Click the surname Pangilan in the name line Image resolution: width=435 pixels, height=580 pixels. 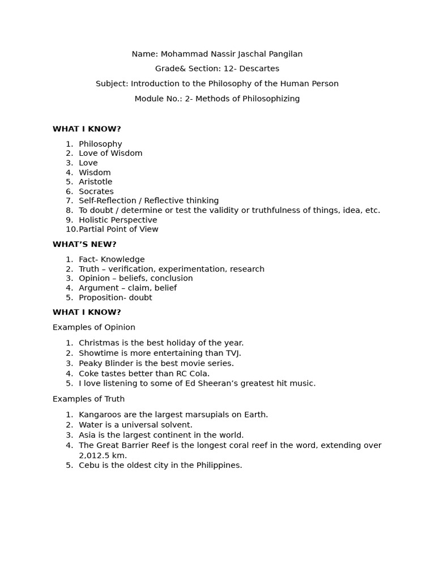[283, 54]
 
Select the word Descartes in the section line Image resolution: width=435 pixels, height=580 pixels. [260, 69]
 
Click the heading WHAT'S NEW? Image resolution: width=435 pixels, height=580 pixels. [84, 245]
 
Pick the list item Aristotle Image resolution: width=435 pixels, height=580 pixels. [96, 182]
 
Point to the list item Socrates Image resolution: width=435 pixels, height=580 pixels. [96, 191]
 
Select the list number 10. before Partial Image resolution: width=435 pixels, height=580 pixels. [71, 229]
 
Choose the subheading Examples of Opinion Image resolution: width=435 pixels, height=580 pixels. [94, 327]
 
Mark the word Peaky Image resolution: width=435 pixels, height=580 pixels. [91, 364]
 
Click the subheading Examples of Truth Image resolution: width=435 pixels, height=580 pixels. [88, 399]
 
